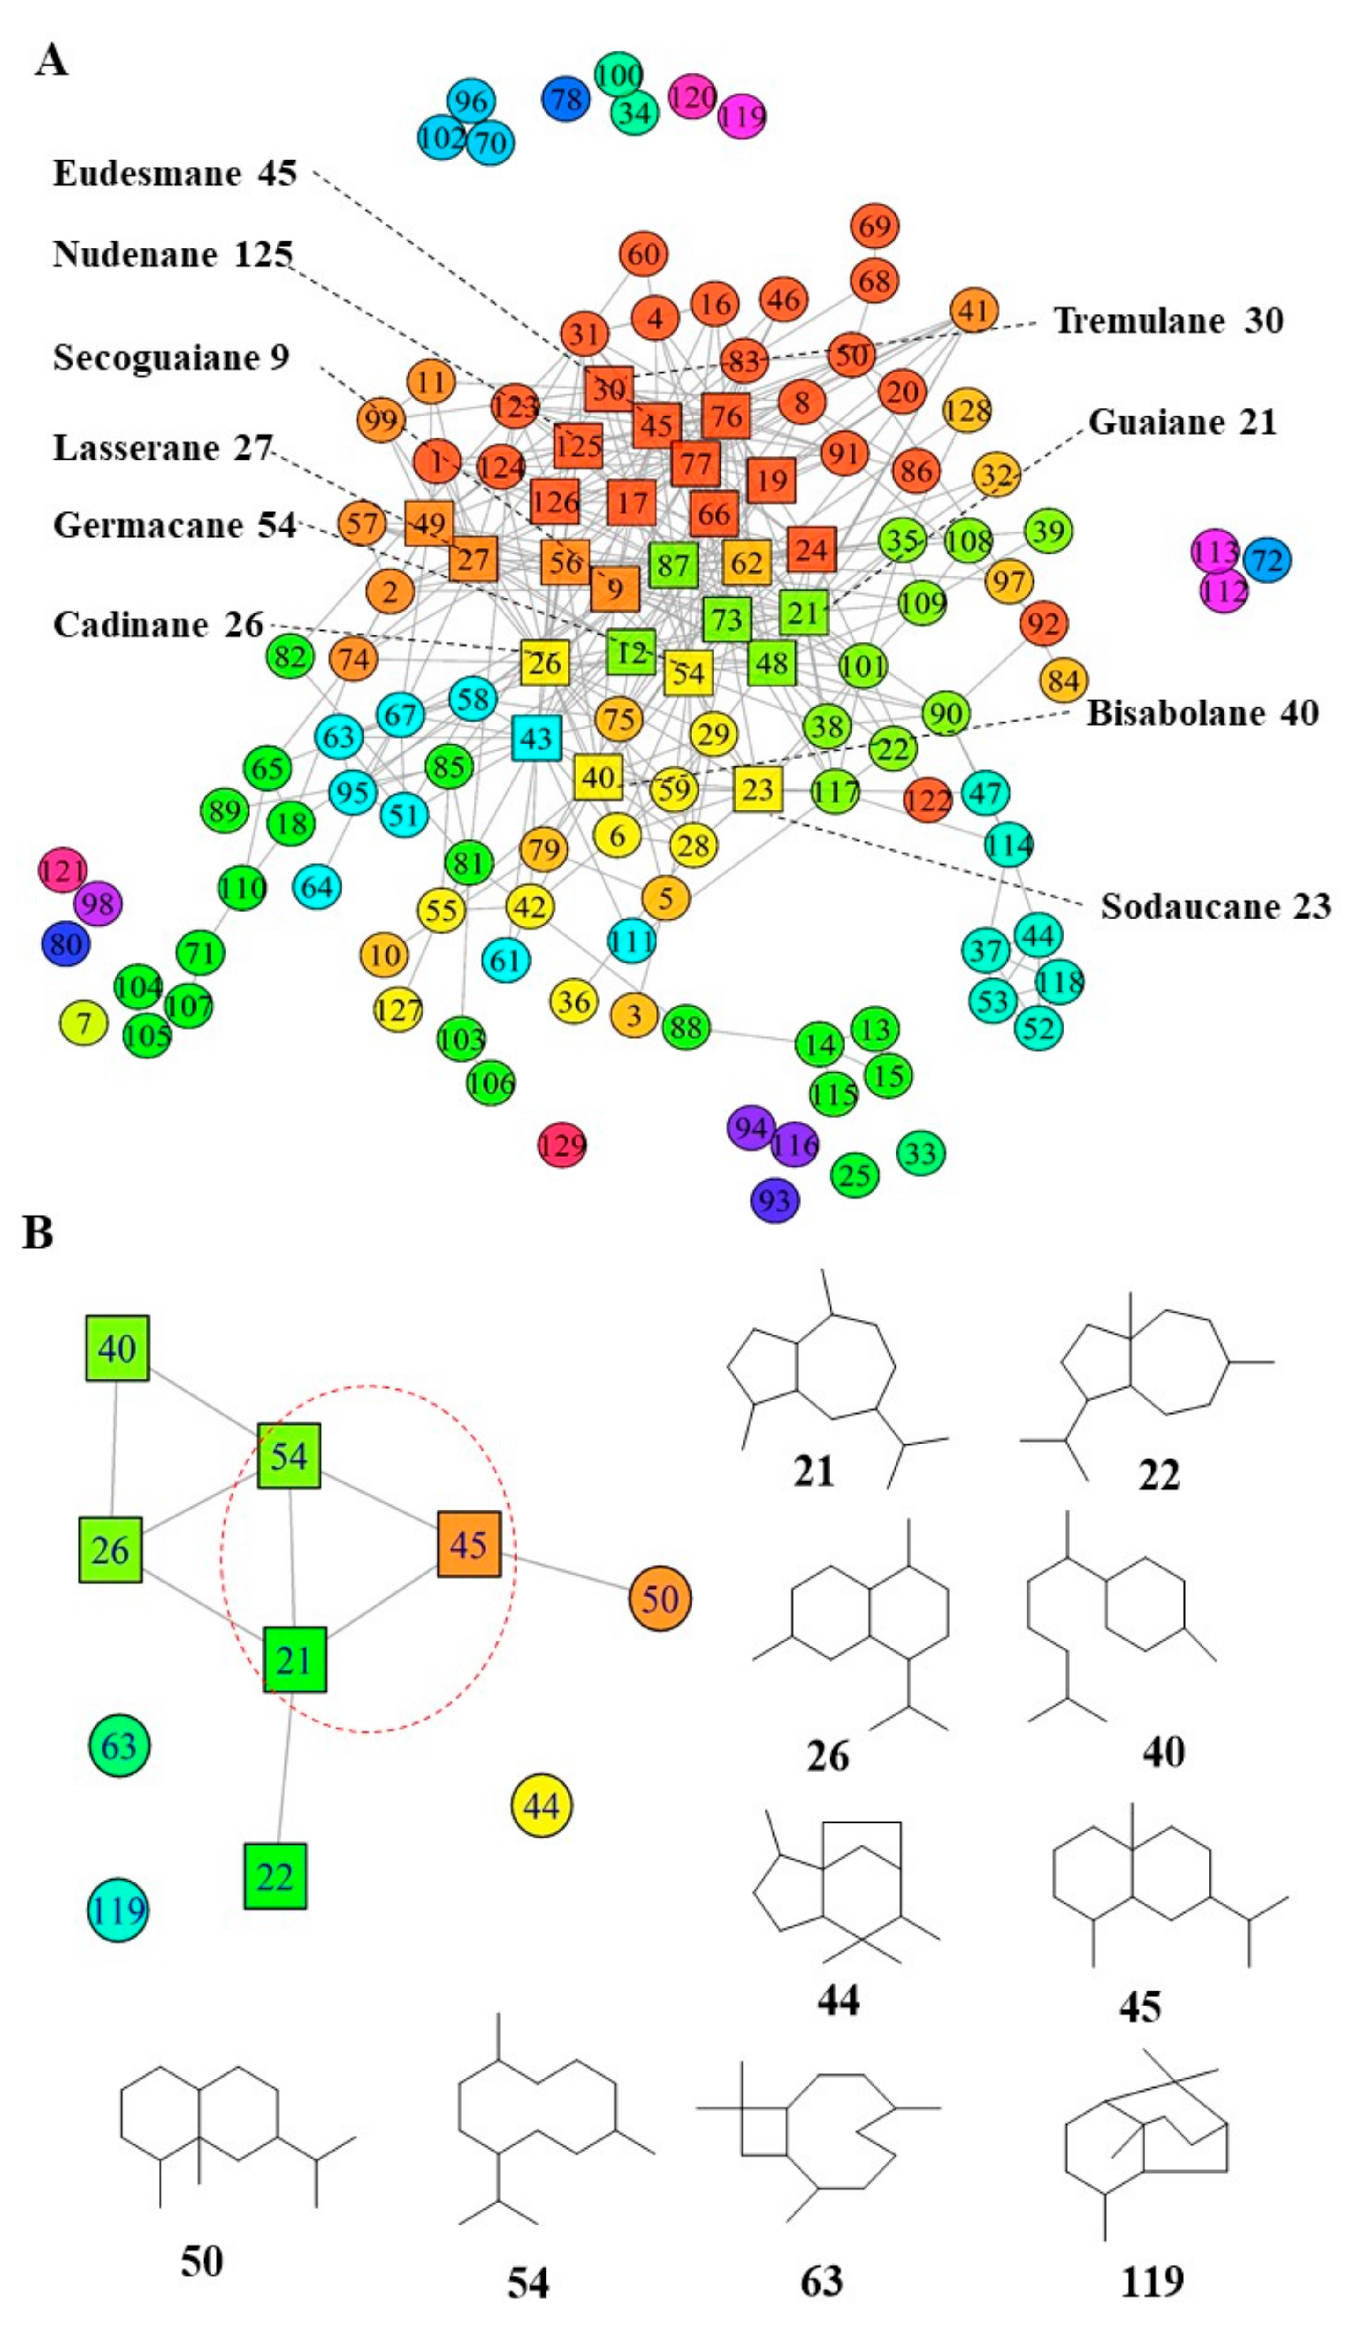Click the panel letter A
tap(51, 61)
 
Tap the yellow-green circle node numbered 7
tap(83, 1023)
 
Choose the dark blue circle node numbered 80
tap(66, 945)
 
